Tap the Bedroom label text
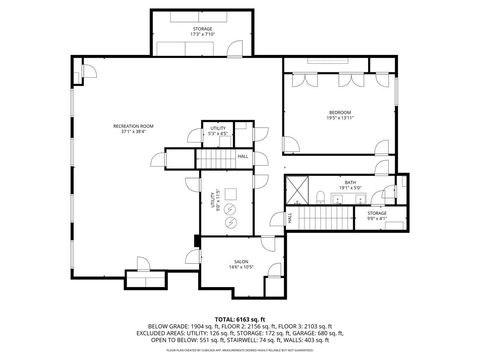(x=339, y=111)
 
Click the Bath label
(x=351, y=182)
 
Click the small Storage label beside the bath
(x=376, y=213)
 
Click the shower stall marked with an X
(x=297, y=188)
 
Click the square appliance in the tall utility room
(x=230, y=194)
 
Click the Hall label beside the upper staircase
(x=243, y=156)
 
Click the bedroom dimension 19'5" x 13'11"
(x=339, y=117)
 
